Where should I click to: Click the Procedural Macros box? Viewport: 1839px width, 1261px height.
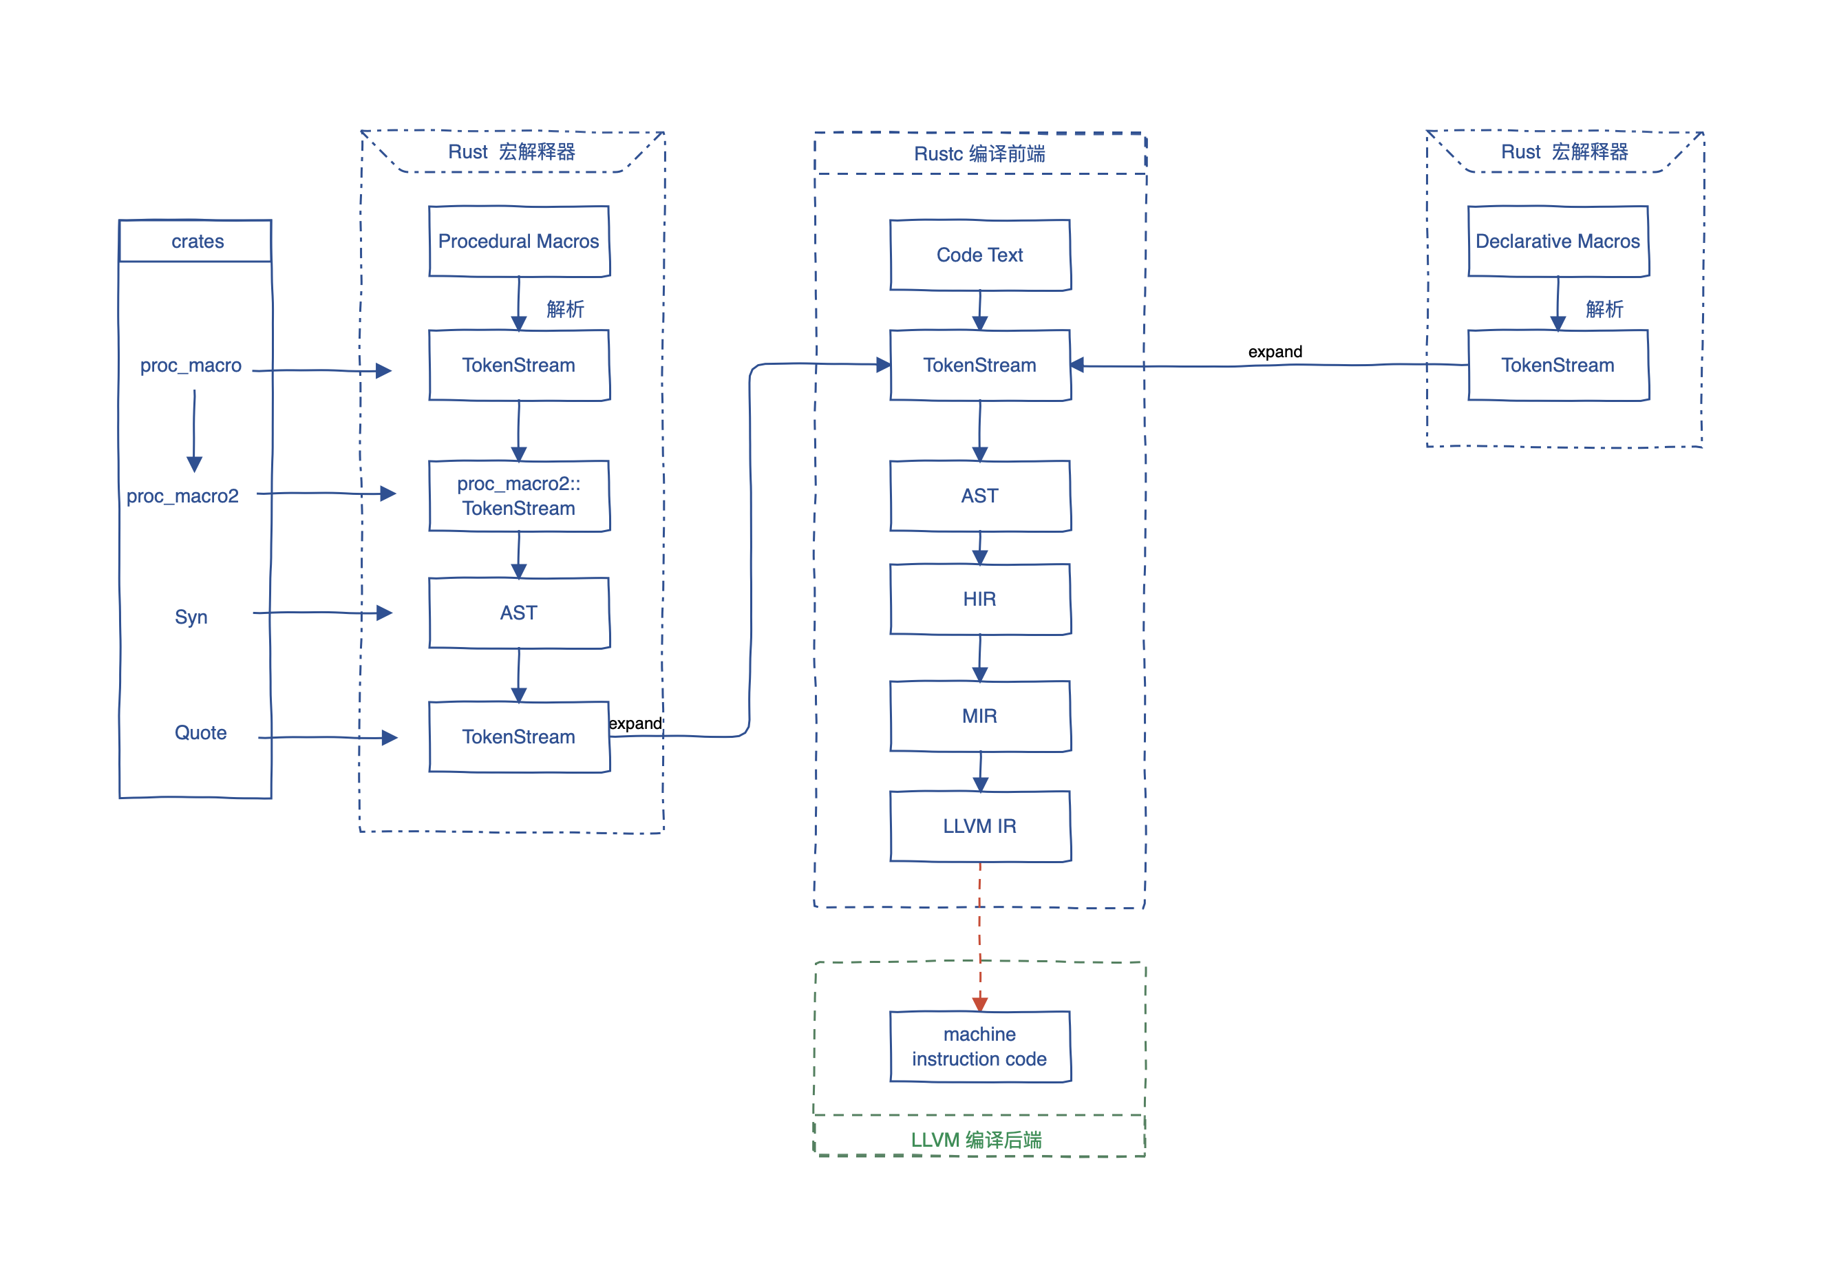pos(519,242)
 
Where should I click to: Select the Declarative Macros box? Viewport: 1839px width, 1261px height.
pos(1558,242)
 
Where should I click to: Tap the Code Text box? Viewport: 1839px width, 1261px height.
pos(981,255)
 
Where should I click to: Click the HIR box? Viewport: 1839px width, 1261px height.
pos(981,600)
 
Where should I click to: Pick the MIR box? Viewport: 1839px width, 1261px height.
pos(981,717)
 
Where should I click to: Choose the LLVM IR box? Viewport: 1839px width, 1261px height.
pos(981,827)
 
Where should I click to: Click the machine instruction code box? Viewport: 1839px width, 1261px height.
pos(981,1046)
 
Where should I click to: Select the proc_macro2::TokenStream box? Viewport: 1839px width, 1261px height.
pos(519,496)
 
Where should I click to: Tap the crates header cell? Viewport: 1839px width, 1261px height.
pos(195,241)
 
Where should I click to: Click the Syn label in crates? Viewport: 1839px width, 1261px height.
pos(191,617)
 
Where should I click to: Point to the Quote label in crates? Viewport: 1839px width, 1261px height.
pos(201,733)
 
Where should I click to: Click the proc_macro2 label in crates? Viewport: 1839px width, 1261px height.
pos(183,496)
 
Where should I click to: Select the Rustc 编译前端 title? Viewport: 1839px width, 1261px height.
pos(979,153)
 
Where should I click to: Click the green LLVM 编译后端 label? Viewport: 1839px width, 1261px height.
pos(977,1140)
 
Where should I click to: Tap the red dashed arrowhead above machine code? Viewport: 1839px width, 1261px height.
pos(981,1004)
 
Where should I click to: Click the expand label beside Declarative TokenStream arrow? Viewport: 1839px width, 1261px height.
pos(1275,352)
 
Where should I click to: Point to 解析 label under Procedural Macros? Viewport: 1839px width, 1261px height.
pos(566,309)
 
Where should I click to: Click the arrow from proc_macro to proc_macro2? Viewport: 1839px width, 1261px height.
pos(195,432)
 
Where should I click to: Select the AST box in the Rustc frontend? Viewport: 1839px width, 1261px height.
pos(981,496)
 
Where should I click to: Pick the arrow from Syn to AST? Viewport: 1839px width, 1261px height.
pos(323,613)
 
